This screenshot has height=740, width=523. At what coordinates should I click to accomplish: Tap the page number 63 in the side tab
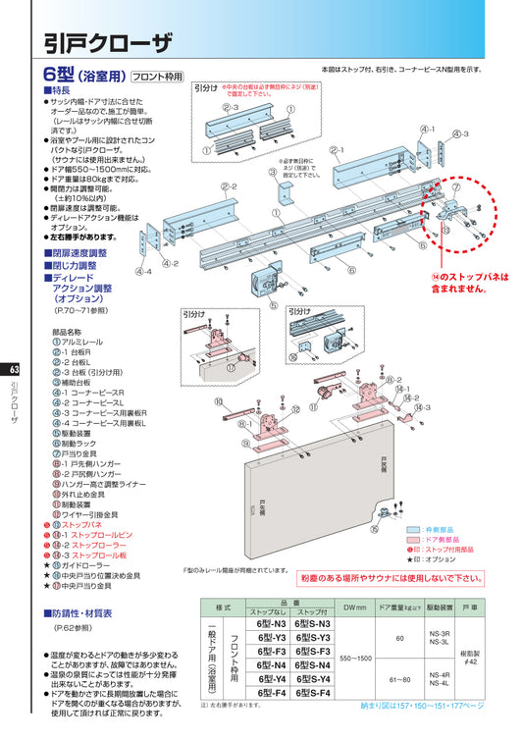pyautogui.click(x=13, y=370)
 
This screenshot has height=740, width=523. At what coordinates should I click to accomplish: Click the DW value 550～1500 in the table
pyautogui.click(x=355, y=658)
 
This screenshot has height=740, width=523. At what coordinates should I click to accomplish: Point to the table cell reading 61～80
pyautogui.click(x=399, y=678)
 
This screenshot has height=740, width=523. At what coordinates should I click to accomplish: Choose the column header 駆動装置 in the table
pyautogui.click(x=440, y=609)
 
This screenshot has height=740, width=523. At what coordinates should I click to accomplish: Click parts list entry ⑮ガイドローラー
pyautogui.click(x=84, y=565)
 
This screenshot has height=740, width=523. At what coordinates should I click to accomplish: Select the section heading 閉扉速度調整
pyautogui.click(x=79, y=252)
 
